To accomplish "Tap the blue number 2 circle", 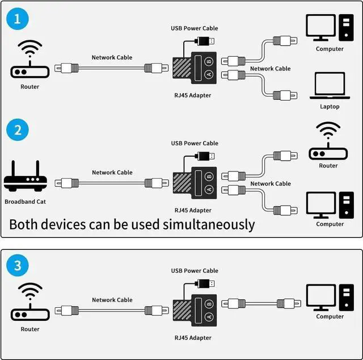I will point(18,130).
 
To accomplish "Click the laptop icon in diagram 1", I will point(329,86).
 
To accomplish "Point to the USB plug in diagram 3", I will point(205,283).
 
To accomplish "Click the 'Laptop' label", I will point(330,107).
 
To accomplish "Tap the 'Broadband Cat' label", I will point(26,202).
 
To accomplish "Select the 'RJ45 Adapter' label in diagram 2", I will point(193,210).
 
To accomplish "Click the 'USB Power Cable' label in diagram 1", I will point(195,28).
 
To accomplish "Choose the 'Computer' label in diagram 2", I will point(330,224).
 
